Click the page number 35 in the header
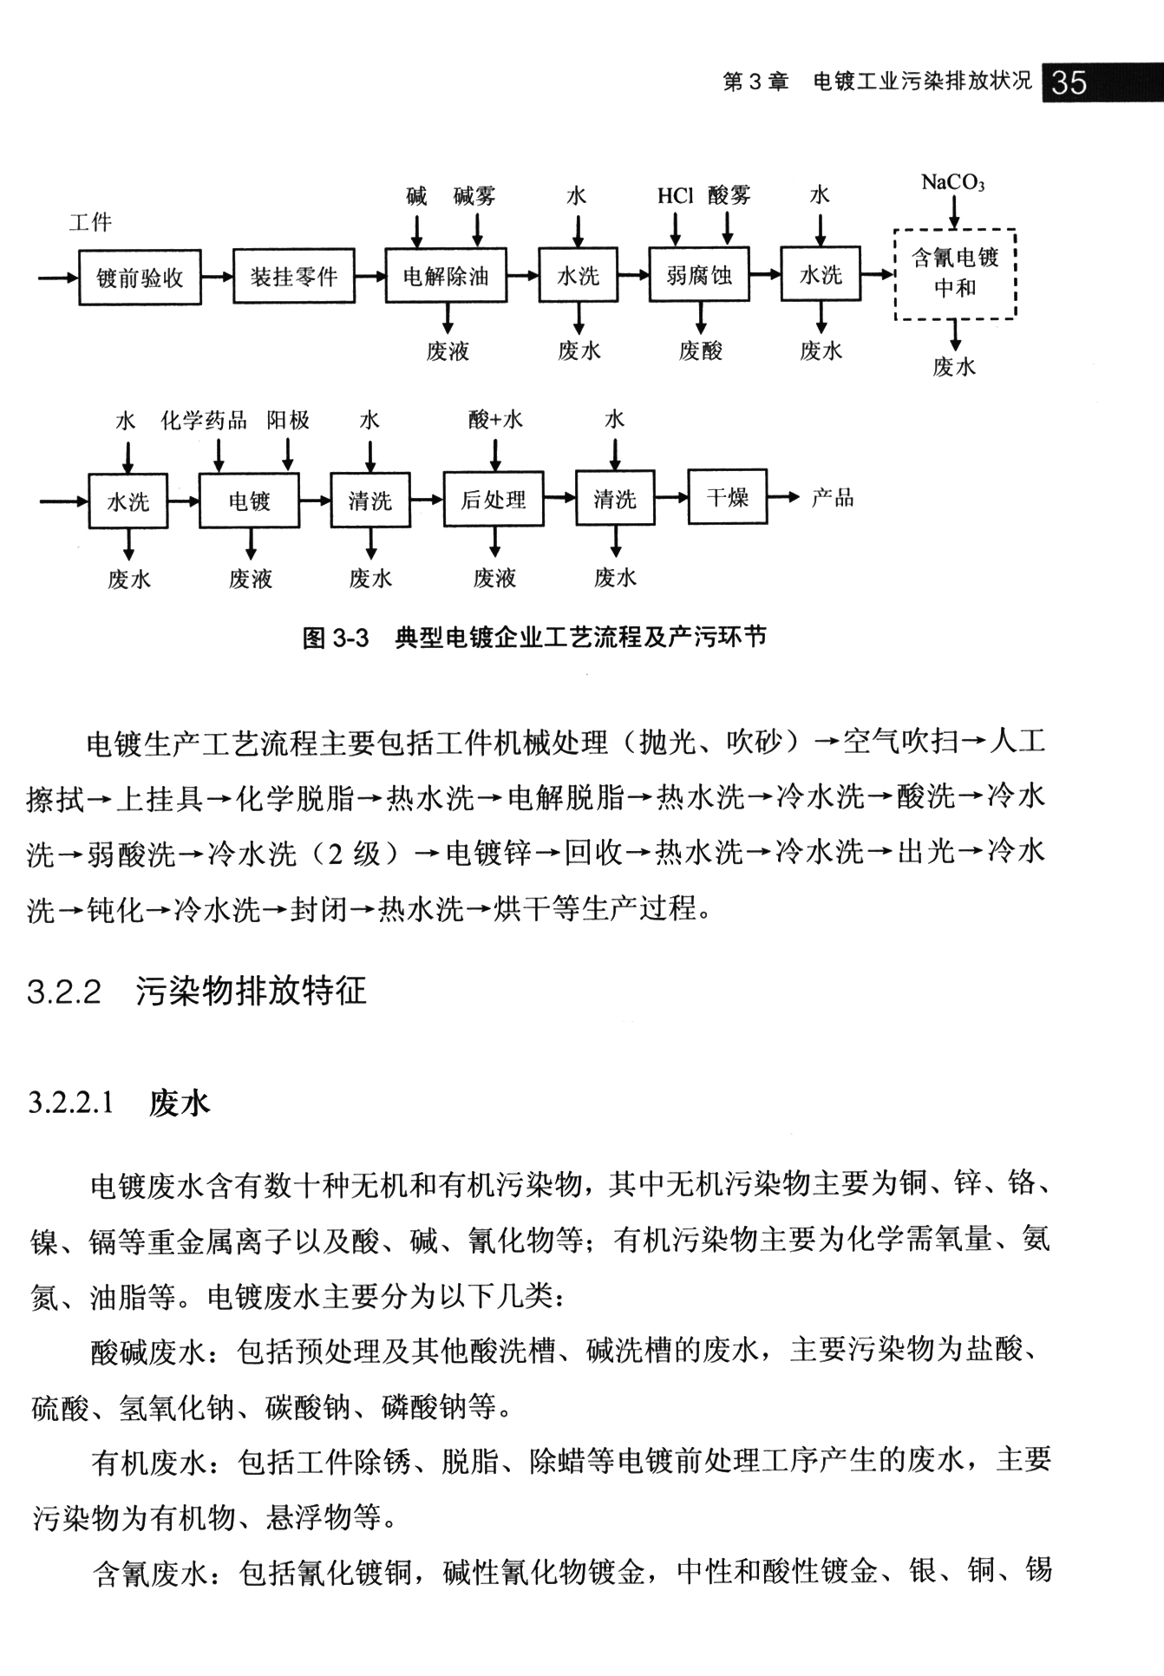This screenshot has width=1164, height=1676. coord(1068,83)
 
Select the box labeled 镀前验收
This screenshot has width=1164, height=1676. coord(140,278)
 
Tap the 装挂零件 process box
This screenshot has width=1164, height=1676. coord(294,277)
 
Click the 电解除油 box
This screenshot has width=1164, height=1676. coord(446,277)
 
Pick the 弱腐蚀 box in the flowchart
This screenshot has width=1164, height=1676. coord(698,276)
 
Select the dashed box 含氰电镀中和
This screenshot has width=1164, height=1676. coord(955,273)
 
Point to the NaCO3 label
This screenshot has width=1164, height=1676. coord(952,182)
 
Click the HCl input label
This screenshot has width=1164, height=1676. coord(675,196)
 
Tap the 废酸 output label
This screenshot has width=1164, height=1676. coord(700,351)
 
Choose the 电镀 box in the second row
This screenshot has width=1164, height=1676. coord(250,501)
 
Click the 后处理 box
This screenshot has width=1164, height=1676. coord(494,500)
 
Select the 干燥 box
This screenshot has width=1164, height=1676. coord(728,497)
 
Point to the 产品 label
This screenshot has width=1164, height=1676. coord(833,497)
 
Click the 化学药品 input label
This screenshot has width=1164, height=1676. coord(204,422)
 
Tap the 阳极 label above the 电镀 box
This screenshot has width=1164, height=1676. coord(288,422)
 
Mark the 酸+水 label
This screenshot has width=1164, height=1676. coord(495,421)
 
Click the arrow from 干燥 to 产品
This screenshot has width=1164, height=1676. coord(783,497)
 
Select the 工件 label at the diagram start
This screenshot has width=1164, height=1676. coord(90,223)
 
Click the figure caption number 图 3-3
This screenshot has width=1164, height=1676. coord(336,638)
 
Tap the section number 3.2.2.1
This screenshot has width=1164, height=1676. coord(71,1103)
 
